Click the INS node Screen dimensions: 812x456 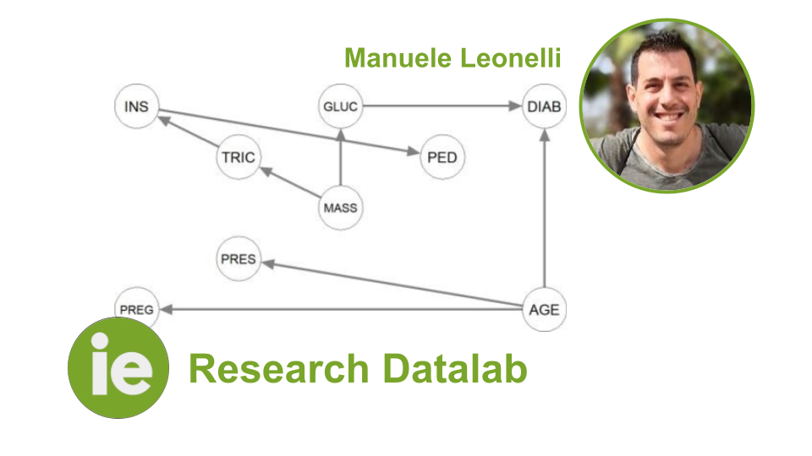(x=136, y=106)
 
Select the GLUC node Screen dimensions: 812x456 (x=340, y=106)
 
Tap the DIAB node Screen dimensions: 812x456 (x=544, y=106)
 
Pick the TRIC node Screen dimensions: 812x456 (x=239, y=157)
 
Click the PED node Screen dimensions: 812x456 (x=442, y=157)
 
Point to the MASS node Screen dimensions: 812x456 (x=340, y=208)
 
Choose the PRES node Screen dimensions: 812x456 (x=239, y=258)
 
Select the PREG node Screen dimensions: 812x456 (x=136, y=309)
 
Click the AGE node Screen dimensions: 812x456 (x=544, y=309)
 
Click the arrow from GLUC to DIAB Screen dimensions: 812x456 (x=442, y=106)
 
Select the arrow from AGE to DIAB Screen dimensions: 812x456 (x=544, y=208)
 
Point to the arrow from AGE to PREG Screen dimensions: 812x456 (x=340, y=309)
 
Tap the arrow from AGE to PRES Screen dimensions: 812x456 (x=392, y=284)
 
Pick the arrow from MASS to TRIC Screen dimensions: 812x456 (x=289, y=182)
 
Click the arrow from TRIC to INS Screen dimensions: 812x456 (x=188, y=131)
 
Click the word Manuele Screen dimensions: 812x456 (x=398, y=57)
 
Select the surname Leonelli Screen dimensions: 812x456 (x=511, y=57)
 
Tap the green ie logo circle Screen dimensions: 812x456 (x=118, y=367)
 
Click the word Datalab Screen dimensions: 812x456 (x=455, y=369)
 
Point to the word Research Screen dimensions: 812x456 (x=278, y=369)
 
